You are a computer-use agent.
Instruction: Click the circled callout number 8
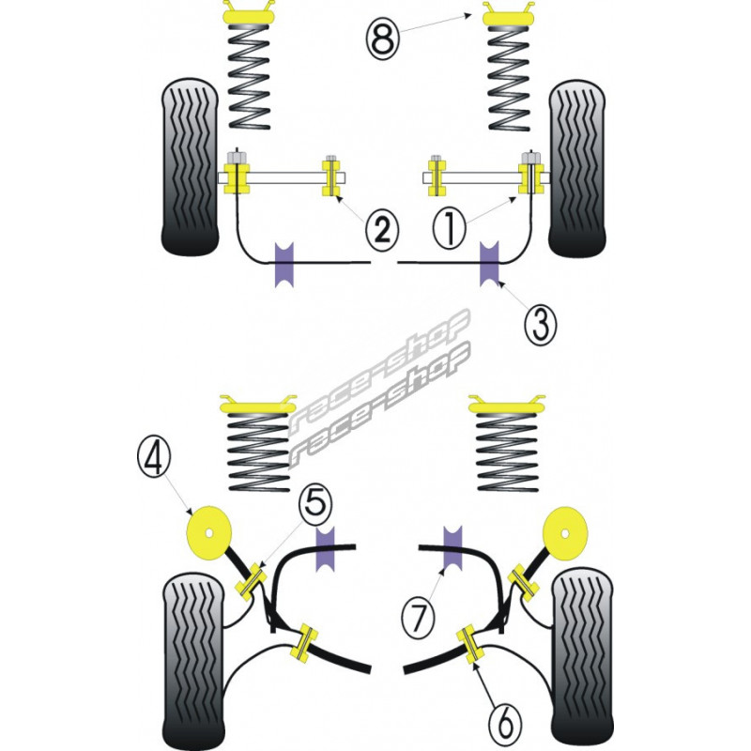[383, 39]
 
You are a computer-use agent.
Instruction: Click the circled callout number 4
[156, 459]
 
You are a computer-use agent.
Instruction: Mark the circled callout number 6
[505, 722]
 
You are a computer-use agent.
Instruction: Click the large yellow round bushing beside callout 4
[210, 532]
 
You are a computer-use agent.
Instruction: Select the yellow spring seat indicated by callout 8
[509, 15]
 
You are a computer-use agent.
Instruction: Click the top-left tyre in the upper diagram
[192, 169]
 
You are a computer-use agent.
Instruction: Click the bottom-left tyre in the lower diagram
[193, 657]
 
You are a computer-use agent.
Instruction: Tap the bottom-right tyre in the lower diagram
[582, 657]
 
